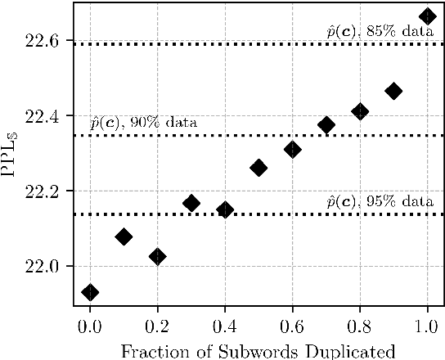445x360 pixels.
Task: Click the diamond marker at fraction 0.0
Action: pos(90,292)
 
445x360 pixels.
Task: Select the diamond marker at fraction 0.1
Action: pos(124,236)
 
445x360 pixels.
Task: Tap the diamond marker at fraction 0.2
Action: pos(158,256)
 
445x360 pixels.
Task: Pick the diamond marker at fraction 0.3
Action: pos(191,203)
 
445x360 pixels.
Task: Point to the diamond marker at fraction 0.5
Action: pos(258,168)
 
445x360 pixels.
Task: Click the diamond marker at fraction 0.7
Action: pos(326,125)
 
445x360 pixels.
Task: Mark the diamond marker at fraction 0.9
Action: pos(393,91)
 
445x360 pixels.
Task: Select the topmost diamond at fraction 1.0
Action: pos(427,16)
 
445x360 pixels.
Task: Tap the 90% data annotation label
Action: pos(143,124)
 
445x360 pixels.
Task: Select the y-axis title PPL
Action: pos(12,154)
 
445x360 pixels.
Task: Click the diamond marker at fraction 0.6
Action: pos(292,149)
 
